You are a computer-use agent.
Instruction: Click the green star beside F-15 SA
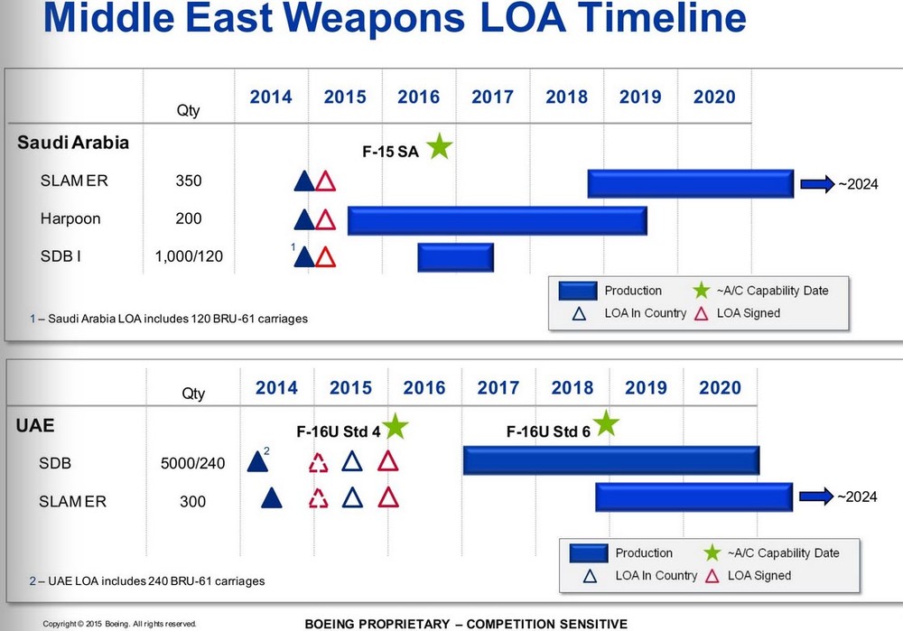click(439, 146)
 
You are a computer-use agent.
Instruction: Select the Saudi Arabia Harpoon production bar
click(497, 219)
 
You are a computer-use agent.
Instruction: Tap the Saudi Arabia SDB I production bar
click(455, 257)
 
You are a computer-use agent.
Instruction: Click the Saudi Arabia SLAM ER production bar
click(690, 183)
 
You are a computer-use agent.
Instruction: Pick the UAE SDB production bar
click(610, 460)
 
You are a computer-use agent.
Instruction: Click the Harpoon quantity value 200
click(189, 219)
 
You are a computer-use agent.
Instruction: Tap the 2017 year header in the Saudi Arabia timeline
click(492, 97)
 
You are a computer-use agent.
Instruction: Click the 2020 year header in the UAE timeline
click(719, 388)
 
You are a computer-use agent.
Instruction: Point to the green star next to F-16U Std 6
click(606, 422)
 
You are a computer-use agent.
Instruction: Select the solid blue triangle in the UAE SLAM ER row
click(270, 497)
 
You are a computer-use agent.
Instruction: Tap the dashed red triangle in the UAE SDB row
click(319, 463)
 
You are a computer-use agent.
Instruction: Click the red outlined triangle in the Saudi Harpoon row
click(326, 219)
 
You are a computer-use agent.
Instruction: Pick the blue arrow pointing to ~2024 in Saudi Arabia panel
click(816, 184)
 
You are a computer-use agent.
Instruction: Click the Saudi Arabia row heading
click(73, 143)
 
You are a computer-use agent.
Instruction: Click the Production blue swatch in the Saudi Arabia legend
click(578, 291)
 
